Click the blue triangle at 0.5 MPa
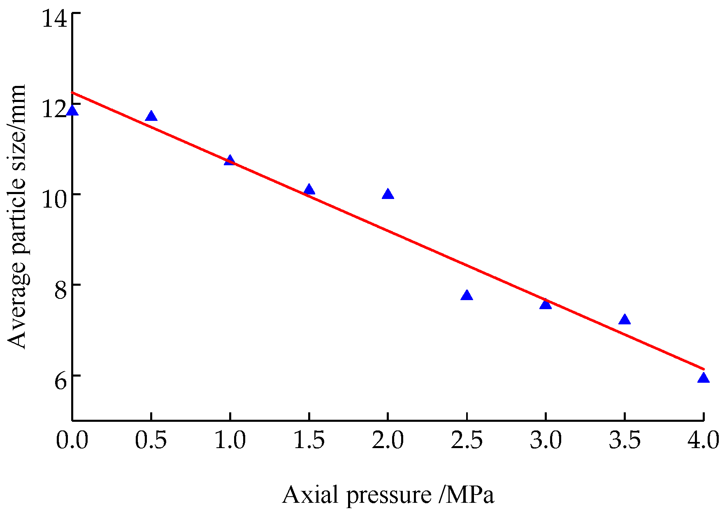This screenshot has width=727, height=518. pyautogui.click(x=151, y=116)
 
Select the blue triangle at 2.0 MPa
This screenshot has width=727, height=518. pyautogui.click(x=388, y=194)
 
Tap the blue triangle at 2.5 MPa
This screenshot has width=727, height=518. pyautogui.click(x=467, y=296)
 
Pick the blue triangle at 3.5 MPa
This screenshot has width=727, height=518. pyautogui.click(x=625, y=320)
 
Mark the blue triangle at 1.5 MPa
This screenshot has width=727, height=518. pyautogui.click(x=309, y=190)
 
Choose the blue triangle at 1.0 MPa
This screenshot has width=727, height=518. pyautogui.click(x=230, y=161)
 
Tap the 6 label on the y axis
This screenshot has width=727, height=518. pyautogui.click(x=60, y=381)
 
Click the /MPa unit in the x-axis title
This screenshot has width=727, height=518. pyautogui.click(x=466, y=495)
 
